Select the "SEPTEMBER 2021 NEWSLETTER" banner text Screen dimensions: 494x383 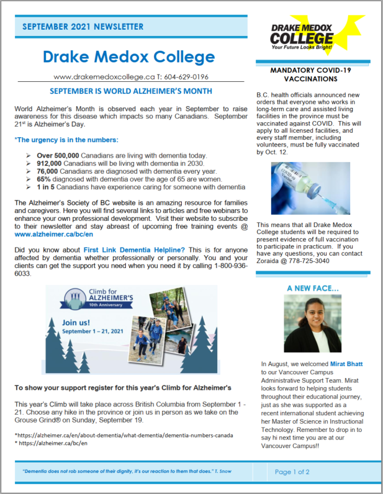pos(83,27)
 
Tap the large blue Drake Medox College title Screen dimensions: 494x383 pos(129,58)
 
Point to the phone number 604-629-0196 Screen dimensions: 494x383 pos(188,77)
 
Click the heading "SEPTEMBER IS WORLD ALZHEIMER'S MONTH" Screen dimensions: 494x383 pos(130,91)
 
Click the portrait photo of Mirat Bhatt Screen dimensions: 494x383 pos(312,323)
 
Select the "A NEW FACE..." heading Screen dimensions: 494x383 pos(313,289)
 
